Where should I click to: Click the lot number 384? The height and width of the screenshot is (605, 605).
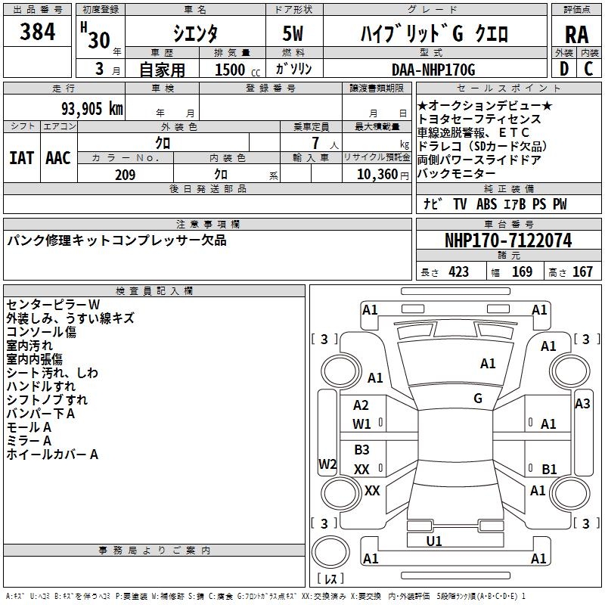tap(38, 33)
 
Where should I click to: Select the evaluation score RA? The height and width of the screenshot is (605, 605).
tap(576, 34)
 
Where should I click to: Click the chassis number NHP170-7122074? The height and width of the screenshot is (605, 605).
tap(508, 240)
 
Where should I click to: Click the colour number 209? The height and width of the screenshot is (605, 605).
tap(125, 175)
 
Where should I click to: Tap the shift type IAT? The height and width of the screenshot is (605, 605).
tap(21, 157)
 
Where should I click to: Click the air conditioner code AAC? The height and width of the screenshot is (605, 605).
tap(58, 157)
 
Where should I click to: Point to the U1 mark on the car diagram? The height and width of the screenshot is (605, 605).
tap(434, 541)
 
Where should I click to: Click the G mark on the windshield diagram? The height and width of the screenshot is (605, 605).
tap(478, 399)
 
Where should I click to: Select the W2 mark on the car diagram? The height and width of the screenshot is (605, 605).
tap(327, 464)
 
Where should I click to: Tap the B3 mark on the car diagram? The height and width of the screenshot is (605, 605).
tap(361, 450)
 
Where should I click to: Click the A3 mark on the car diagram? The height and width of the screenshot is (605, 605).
tap(582, 404)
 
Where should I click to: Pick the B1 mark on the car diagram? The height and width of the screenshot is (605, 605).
tap(549, 469)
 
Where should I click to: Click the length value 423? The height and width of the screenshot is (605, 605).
tap(458, 272)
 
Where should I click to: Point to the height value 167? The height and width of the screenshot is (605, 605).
tap(582, 272)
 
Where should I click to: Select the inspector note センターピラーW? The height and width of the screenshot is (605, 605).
tap(53, 304)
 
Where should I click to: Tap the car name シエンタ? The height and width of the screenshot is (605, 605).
tap(195, 34)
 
